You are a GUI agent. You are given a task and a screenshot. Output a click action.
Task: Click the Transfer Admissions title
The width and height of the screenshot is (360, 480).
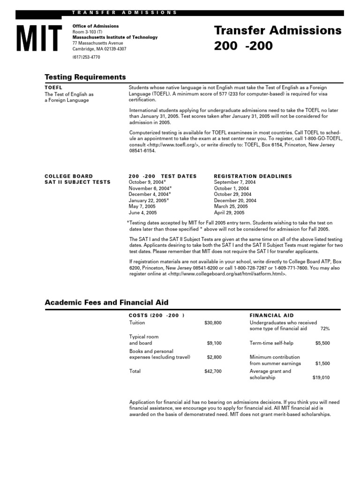[277, 31]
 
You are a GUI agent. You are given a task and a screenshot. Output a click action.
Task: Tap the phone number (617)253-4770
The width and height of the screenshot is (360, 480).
[86, 57]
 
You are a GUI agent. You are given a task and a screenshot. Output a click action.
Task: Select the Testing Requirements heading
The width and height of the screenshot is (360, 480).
[85, 77]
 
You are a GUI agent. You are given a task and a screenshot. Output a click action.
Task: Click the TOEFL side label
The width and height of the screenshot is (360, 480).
[53, 88]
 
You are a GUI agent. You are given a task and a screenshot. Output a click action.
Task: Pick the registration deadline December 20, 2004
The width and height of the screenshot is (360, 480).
[235, 200]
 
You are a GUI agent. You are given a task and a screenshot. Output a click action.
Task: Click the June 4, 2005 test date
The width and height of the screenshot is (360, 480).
[142, 212]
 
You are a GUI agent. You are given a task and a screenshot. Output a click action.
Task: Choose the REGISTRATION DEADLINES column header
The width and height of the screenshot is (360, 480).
[253, 176]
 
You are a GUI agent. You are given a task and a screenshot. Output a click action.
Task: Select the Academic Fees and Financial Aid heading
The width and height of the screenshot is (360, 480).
[106, 303]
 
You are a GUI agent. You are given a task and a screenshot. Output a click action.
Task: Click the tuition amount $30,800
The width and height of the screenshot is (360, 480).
[213, 323]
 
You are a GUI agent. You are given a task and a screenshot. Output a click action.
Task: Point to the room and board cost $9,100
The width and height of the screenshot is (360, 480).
[214, 343]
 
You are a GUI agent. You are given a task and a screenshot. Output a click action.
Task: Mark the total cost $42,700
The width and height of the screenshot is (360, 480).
[213, 371]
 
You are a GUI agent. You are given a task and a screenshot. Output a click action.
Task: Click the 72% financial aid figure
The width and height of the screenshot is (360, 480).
[325, 329]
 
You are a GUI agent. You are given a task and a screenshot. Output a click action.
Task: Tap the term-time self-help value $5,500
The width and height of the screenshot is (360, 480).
[322, 343]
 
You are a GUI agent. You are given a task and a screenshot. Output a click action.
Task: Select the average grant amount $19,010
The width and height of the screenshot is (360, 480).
[321, 377]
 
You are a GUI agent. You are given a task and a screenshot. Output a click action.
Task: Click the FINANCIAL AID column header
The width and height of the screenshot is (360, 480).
[272, 315]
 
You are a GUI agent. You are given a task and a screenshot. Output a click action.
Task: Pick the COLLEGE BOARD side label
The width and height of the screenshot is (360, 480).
[68, 176]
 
